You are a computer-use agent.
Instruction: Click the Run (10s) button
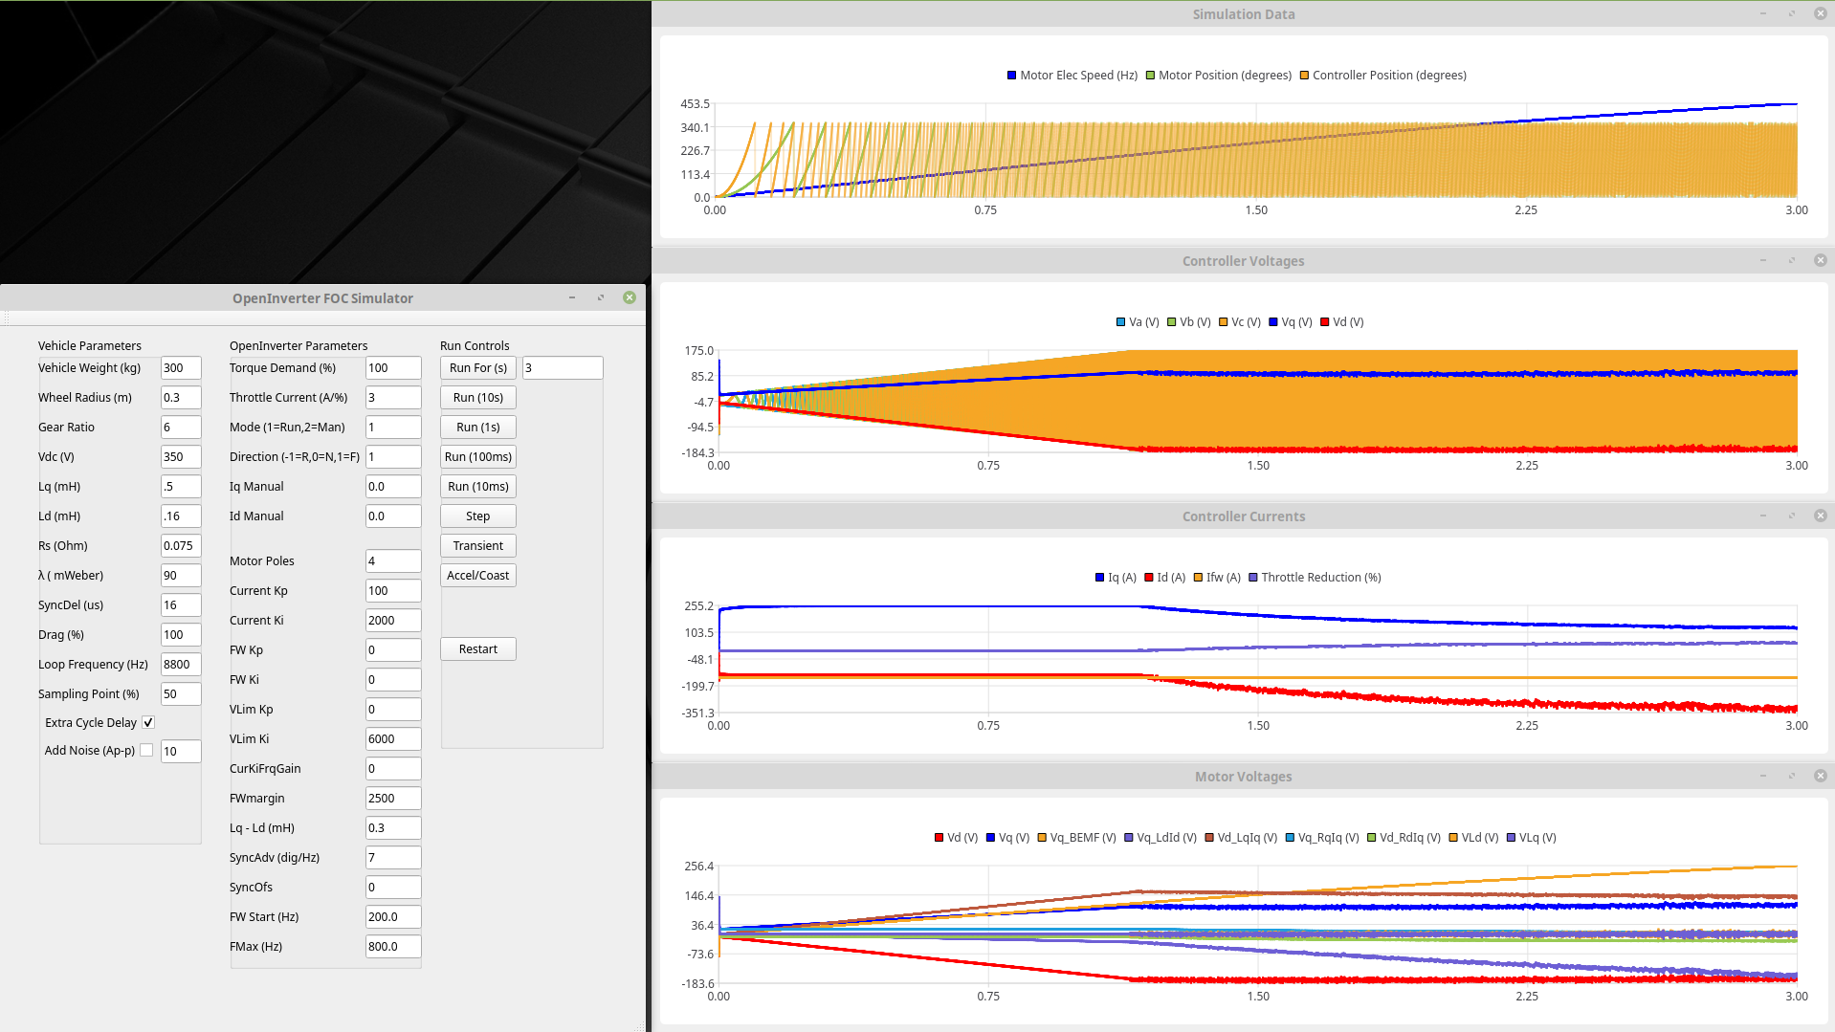pyautogui.click(x=477, y=398)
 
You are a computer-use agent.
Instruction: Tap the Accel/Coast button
pyautogui.click(x=477, y=576)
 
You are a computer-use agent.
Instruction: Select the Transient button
pyautogui.click(x=477, y=546)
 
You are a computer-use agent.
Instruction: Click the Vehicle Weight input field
pyautogui.click(x=180, y=368)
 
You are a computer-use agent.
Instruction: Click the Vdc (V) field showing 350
pyautogui.click(x=180, y=457)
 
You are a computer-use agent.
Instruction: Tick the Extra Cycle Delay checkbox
pyautogui.click(x=148, y=723)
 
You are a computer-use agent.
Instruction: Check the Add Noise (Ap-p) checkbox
pyautogui.click(x=146, y=751)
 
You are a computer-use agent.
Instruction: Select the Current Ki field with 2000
pyautogui.click(x=392, y=621)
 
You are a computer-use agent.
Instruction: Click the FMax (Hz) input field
pyautogui.click(x=392, y=947)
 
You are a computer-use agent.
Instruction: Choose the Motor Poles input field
pyautogui.click(x=392, y=561)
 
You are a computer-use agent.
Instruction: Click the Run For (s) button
pyautogui.click(x=477, y=368)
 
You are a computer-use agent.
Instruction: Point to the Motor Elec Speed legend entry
pyautogui.click(x=1072, y=76)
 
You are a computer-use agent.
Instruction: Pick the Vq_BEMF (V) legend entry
pyautogui.click(x=1076, y=838)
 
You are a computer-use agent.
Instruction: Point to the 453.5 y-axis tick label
pyautogui.click(x=695, y=104)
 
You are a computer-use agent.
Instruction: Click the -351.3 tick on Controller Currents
pyautogui.click(x=697, y=714)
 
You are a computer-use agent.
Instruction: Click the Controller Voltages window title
pyautogui.click(x=1243, y=261)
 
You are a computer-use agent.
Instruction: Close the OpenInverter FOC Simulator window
pyautogui.click(x=630, y=298)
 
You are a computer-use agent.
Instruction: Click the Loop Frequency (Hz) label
pyautogui.click(x=93, y=665)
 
